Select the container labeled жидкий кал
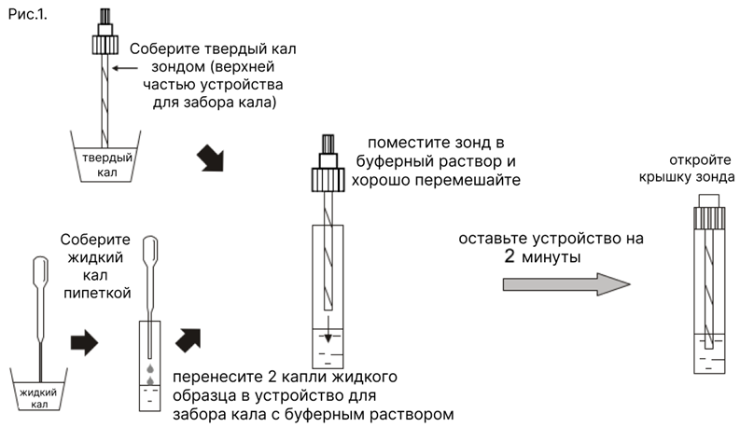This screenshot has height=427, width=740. [42, 387]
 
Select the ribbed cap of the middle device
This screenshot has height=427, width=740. [327, 173]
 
